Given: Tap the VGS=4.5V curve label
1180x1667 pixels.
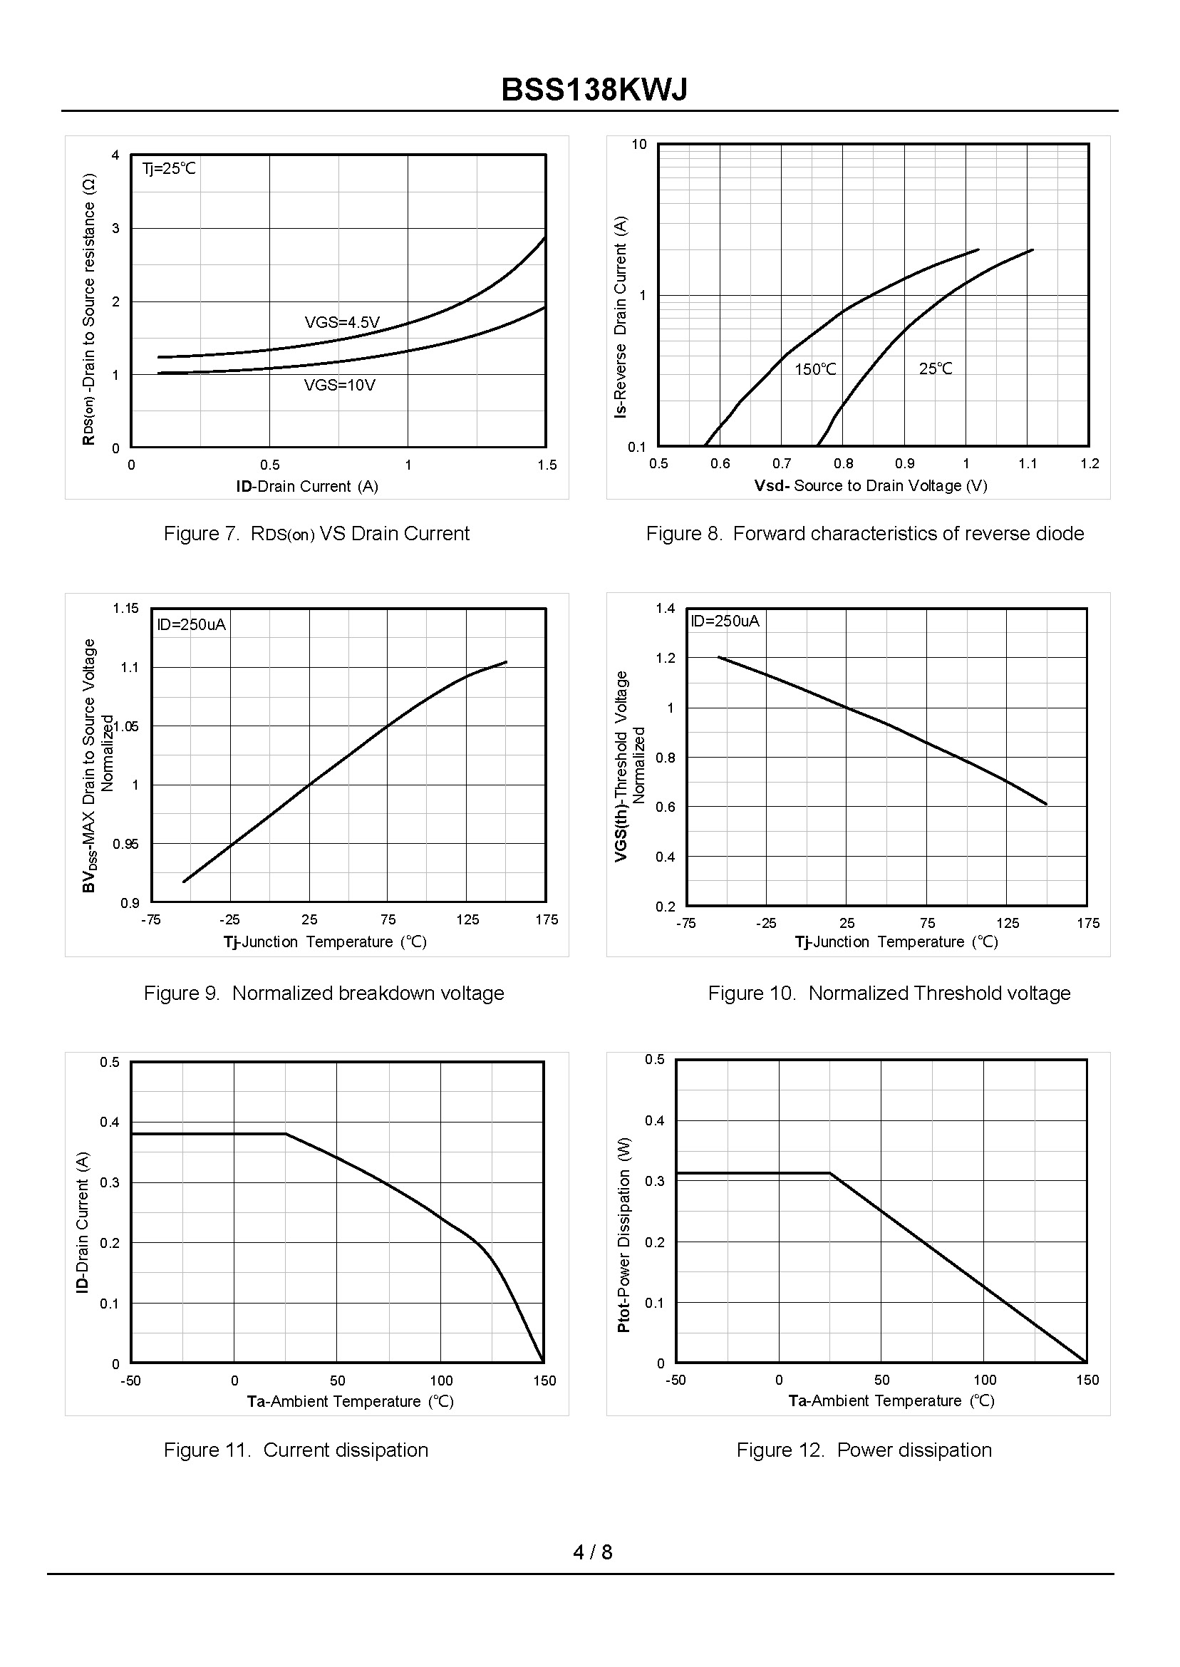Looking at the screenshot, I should (341, 322).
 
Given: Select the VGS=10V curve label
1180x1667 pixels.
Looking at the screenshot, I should (339, 385).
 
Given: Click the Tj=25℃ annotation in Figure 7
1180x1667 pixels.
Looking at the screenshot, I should (169, 169).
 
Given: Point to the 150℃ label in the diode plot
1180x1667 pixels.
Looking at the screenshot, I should (814, 369).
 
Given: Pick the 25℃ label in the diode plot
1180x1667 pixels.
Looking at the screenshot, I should (935, 368).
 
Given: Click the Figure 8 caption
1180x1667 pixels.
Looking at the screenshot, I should (864, 533).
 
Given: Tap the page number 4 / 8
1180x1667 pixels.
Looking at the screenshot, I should (592, 1552).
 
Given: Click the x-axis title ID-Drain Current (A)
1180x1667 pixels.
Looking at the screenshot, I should (306, 486).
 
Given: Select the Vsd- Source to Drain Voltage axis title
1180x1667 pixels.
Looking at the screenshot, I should (871, 485).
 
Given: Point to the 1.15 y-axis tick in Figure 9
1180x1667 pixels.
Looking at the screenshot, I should (125, 608).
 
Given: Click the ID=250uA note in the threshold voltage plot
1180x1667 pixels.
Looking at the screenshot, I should (725, 621).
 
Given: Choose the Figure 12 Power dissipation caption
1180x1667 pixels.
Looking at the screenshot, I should (864, 1450).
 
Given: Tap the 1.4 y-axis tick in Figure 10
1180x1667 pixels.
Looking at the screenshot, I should (665, 608).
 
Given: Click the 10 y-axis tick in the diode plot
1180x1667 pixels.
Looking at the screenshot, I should (638, 145).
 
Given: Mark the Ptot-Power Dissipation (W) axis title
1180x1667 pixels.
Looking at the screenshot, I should (623, 1235).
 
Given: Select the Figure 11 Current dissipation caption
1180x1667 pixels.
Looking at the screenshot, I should (296, 1450).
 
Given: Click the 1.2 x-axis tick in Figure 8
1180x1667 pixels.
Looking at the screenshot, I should (1090, 464).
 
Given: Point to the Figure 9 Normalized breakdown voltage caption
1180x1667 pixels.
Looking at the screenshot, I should (324, 993).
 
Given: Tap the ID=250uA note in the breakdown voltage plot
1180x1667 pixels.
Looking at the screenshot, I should (191, 624).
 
